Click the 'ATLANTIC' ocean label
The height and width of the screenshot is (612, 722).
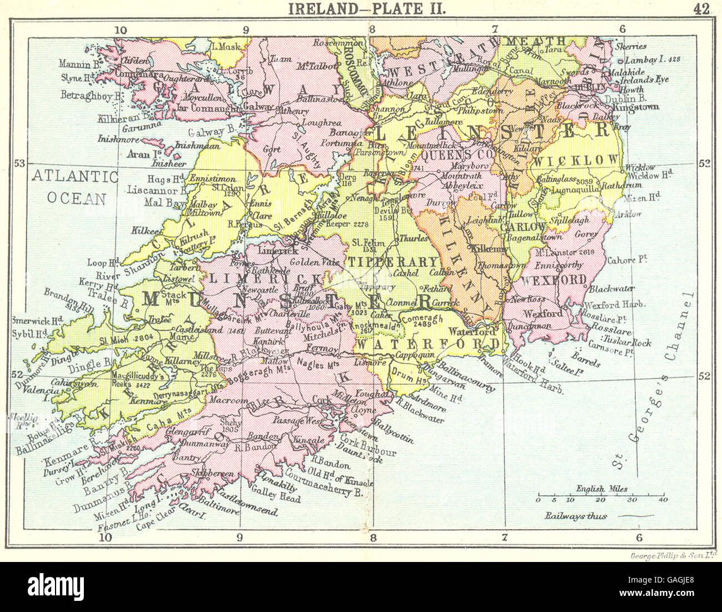pos(74,177)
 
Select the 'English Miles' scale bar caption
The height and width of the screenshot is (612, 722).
pos(602,489)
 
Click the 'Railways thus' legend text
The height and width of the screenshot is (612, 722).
pos(576,516)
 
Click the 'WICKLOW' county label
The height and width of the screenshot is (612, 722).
pos(576,160)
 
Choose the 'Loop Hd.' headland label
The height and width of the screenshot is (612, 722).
pos(101,262)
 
